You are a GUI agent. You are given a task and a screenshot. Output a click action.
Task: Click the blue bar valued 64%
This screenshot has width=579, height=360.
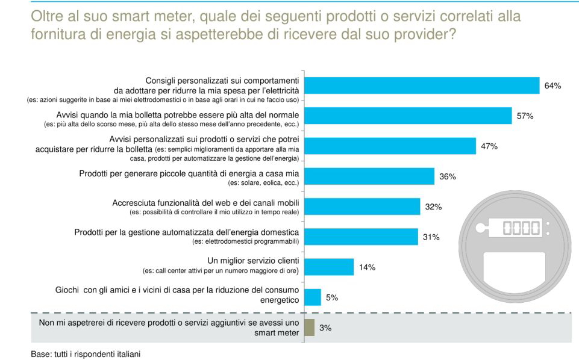(x=422, y=85)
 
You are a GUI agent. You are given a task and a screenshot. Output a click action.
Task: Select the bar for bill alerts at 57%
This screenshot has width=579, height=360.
(x=408, y=116)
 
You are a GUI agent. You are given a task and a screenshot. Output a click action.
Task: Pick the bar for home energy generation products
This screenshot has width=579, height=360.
(x=369, y=176)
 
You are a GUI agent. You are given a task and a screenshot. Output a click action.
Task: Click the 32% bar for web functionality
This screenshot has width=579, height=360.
(x=362, y=206)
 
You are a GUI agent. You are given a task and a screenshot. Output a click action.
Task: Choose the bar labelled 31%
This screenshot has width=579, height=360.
(x=361, y=237)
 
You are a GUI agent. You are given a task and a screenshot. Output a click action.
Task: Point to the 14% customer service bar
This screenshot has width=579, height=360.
(x=329, y=267)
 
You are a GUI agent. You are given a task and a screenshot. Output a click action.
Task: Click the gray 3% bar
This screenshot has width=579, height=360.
(x=309, y=327)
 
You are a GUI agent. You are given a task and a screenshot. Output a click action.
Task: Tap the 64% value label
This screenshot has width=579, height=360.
(x=552, y=86)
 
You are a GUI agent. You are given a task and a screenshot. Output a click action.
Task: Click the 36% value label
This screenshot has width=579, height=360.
(x=448, y=177)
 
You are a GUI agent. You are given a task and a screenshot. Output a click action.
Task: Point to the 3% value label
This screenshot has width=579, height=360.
(x=325, y=328)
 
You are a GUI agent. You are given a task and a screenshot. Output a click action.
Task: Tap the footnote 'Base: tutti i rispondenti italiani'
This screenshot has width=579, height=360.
(x=85, y=354)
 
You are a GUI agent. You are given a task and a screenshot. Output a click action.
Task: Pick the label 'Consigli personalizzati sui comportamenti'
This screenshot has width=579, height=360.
(x=222, y=80)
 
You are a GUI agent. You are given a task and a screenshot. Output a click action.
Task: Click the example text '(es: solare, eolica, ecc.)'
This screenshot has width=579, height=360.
(x=262, y=183)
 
